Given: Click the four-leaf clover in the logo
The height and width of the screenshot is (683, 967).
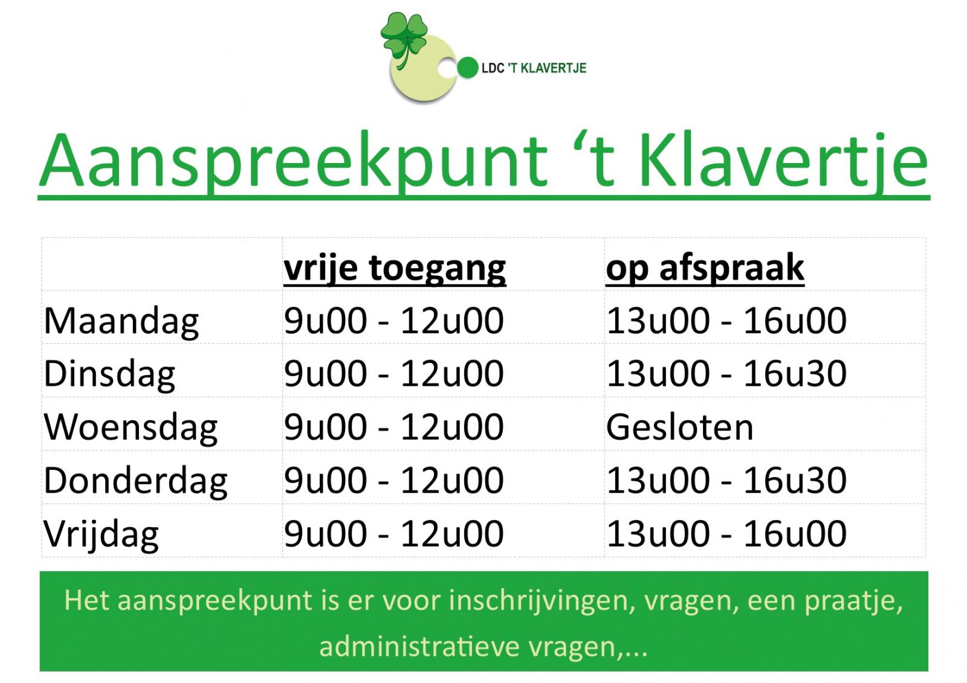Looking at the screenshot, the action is tap(404, 39).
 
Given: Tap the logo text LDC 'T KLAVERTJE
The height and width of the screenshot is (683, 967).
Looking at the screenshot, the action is tap(534, 68).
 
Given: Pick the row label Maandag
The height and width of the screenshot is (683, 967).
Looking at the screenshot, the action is tap(121, 321).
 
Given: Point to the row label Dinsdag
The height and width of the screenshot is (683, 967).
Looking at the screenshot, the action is tap(109, 374).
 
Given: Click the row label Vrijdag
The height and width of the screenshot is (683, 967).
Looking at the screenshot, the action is tap(101, 534).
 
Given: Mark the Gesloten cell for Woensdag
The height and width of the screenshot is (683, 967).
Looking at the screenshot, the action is tap(679, 427).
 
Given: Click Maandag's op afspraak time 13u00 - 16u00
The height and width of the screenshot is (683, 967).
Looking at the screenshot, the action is tap(726, 321).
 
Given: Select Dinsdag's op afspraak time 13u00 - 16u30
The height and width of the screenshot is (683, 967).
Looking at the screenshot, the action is tap(726, 374).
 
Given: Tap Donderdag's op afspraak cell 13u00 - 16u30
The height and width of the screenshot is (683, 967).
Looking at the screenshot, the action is tap(726, 480).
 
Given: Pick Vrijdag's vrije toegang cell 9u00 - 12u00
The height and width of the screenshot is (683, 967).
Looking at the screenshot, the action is tap(393, 534).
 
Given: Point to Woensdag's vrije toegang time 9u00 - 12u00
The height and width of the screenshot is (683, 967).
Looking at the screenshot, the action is tap(393, 427).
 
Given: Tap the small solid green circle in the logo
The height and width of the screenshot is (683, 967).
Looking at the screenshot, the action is tap(468, 68).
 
